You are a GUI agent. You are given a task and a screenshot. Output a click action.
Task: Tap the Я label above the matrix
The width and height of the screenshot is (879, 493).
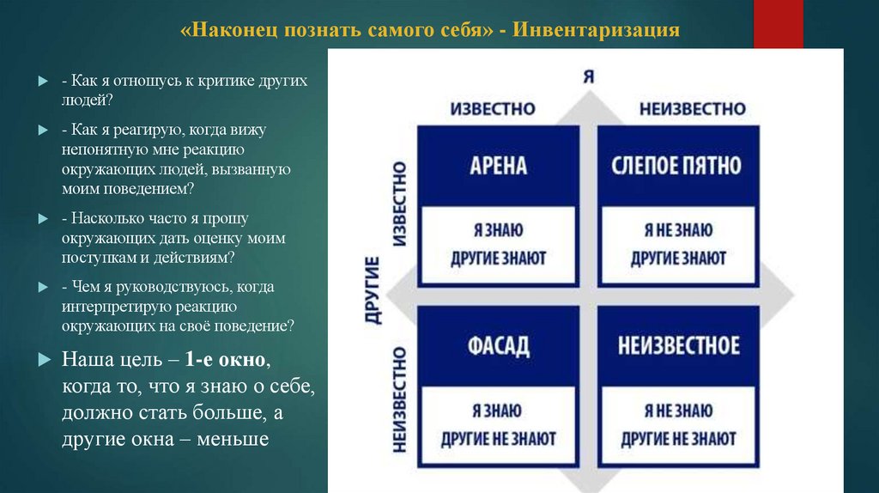click(588, 76)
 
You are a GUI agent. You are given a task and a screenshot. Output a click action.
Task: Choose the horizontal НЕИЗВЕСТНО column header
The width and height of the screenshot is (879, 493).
click(692, 109)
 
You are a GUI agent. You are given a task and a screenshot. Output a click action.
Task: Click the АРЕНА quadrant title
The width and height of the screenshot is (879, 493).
click(498, 166)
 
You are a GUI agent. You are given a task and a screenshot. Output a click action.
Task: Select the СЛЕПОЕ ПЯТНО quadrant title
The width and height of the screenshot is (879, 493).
click(677, 166)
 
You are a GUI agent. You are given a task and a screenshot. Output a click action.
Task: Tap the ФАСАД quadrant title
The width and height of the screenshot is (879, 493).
click(498, 346)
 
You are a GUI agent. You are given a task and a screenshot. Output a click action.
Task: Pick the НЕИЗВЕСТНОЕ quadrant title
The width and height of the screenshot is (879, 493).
click(678, 346)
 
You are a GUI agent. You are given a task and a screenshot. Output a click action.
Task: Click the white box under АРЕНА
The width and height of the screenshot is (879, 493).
click(498, 244)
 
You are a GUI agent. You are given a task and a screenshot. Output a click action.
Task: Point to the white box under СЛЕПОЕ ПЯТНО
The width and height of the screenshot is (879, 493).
click(678, 244)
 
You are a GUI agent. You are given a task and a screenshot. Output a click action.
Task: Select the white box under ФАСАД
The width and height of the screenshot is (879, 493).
click(498, 424)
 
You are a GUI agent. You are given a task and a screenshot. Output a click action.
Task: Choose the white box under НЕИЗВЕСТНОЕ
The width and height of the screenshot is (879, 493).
click(678, 424)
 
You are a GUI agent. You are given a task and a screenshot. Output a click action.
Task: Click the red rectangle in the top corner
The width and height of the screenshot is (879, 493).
click(778, 23)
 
